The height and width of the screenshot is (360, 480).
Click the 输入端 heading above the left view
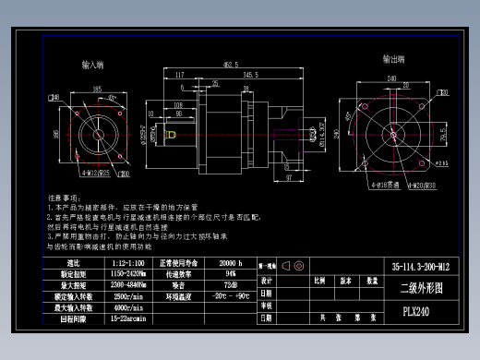point(92,66)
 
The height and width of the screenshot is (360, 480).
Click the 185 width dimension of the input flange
point(97,89)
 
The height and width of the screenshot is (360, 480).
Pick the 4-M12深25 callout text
point(95,173)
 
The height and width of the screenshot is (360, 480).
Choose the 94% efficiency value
point(230,274)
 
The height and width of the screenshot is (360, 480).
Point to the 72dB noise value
point(230,285)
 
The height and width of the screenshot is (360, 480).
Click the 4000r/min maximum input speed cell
point(126,307)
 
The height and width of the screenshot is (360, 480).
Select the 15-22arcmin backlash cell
point(126,318)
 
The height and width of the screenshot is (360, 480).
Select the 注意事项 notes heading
point(66,198)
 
